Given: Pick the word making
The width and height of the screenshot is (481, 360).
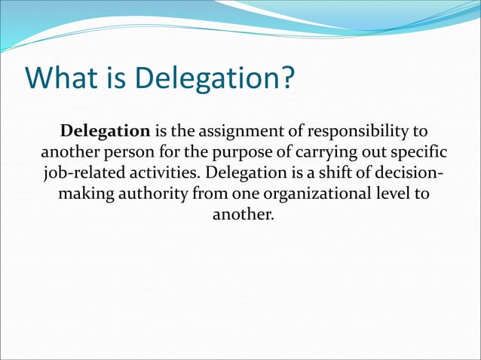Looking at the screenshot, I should tap(84, 193).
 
